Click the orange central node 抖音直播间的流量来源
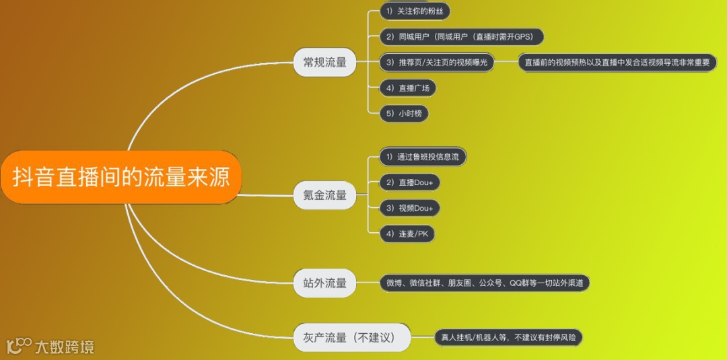[121, 177]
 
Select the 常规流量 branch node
[324, 63]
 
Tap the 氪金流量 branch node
[324, 195]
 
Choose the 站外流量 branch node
[324, 283]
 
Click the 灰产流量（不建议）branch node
[352, 337]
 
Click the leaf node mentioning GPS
[460, 36]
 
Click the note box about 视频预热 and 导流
[617, 62]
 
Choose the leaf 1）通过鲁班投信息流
[423, 157]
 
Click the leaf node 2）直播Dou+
[409, 182]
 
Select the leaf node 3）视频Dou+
[409, 208]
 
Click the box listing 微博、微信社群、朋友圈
[484, 283]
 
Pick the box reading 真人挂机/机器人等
[508, 337]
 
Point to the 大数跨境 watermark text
[65, 347]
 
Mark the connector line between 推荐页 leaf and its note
[506, 62]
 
